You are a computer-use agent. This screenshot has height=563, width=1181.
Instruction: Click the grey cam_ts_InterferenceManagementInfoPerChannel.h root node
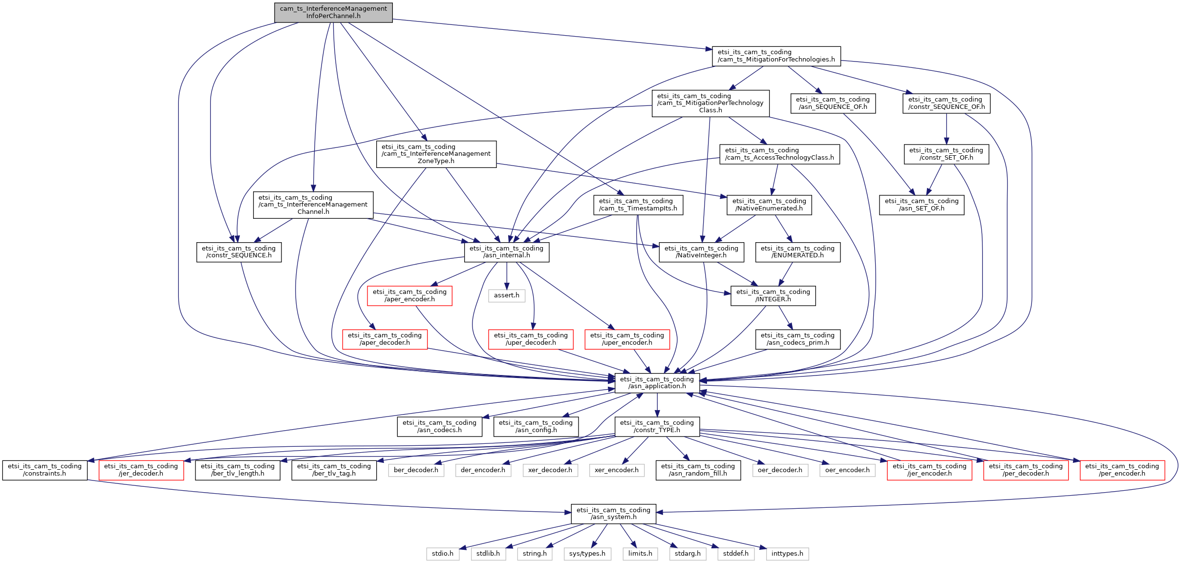coord(333,12)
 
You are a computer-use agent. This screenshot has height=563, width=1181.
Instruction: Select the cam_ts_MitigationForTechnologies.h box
coord(776,56)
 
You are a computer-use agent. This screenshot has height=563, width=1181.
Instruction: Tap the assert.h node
coord(506,295)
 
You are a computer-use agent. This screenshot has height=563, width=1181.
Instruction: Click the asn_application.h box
coord(657,383)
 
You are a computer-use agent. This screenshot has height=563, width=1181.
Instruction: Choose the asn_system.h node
coord(613,514)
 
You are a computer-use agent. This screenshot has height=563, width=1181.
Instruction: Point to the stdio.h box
coord(442,554)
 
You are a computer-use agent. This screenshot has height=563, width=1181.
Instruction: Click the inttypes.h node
coord(787,554)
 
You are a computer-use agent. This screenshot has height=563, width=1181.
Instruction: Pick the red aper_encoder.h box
coord(409,295)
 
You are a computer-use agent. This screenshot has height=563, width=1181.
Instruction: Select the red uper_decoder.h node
coord(531,339)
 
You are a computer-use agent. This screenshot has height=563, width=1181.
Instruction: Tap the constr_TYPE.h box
coord(657,426)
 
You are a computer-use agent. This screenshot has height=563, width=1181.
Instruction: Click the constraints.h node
coord(44,470)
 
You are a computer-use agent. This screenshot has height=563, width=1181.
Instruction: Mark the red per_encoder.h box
coord(1122,470)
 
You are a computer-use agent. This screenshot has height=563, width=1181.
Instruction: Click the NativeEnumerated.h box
coord(769,205)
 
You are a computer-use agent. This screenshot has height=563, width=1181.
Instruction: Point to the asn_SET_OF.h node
coord(921,205)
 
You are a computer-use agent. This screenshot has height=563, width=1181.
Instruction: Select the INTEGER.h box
coord(773,295)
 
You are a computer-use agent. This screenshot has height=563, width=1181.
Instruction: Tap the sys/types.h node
coord(587,554)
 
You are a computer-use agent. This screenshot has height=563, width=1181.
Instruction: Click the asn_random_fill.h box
coord(698,470)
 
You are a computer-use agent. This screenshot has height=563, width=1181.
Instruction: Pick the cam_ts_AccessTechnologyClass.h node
coord(779,154)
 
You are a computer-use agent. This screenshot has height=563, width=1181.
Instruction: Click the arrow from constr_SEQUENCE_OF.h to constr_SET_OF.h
coord(946,129)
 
